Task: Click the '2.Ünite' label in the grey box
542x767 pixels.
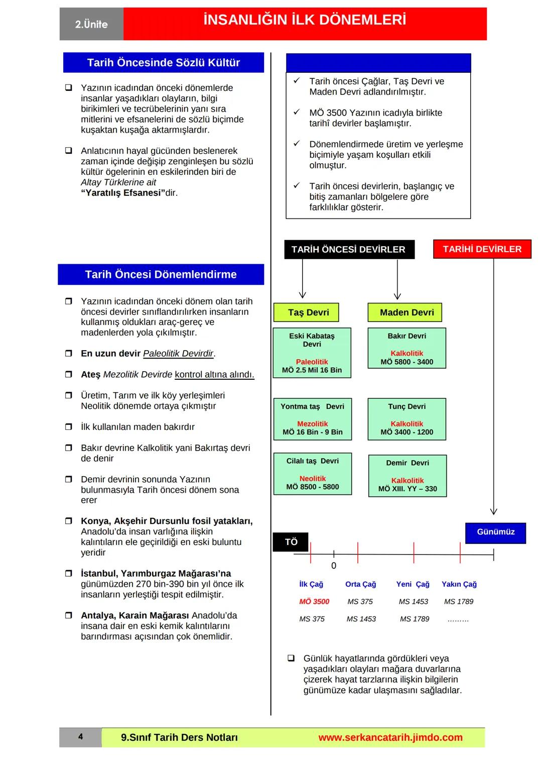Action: tap(91, 24)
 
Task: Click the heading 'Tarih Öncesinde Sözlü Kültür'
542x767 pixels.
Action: tap(163, 63)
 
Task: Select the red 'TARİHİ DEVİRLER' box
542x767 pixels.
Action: tap(482, 249)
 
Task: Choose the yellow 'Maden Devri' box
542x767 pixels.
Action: tap(406, 312)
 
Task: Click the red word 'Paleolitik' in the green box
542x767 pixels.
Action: tap(312, 362)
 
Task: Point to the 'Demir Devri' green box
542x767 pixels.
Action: tap(408, 475)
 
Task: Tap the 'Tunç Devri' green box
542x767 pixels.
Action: tap(406, 419)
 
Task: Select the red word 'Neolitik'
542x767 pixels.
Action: tap(313, 479)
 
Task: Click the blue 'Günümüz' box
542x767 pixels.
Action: tap(495, 532)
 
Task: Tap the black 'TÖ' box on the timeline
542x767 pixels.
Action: tap(291, 542)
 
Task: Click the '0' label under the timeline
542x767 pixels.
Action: tap(334, 566)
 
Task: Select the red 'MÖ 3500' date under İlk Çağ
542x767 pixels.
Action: tap(314, 601)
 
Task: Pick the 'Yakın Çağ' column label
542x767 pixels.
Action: tap(459, 584)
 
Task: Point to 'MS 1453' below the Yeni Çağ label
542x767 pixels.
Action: tap(413, 601)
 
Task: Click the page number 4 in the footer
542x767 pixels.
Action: tap(80, 737)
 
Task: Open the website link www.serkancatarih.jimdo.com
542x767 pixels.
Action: tap(390, 737)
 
